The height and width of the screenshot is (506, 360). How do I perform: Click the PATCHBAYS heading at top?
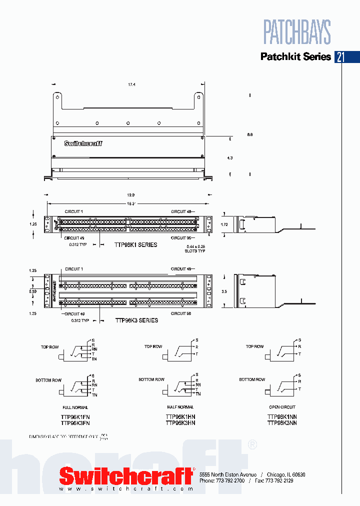(x=297, y=32)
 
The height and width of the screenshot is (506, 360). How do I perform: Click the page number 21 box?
(x=340, y=56)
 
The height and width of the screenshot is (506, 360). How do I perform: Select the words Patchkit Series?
(x=295, y=56)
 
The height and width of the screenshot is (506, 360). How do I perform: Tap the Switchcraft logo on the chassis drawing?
(x=83, y=143)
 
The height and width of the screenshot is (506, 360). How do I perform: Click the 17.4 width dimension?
(x=132, y=85)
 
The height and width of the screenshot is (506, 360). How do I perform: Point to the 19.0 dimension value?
(x=131, y=195)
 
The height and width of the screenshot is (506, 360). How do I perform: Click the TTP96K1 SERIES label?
(x=136, y=245)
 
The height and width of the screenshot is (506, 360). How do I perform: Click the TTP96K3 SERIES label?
(x=136, y=320)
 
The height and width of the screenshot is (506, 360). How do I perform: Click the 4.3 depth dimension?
(x=230, y=158)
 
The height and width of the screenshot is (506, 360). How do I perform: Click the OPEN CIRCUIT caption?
(x=282, y=407)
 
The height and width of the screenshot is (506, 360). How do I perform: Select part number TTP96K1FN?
(x=75, y=416)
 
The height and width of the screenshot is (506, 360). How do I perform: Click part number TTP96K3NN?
(x=282, y=423)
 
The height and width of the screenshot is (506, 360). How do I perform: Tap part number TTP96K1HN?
(x=180, y=416)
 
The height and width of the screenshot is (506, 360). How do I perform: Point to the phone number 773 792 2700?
(x=232, y=480)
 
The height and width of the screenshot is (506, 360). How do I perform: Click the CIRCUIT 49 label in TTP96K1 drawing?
(x=75, y=237)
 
